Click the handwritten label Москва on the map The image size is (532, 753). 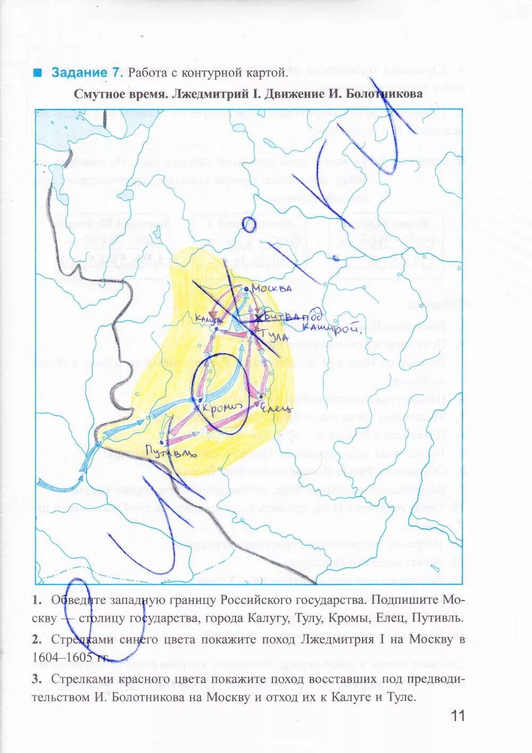(272, 288)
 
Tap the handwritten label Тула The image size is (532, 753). (276, 337)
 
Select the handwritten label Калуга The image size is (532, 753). (208, 319)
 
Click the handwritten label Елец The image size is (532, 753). (276, 408)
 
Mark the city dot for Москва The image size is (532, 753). (247, 289)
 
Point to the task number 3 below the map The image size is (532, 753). (36, 679)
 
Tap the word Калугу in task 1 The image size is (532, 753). (267, 618)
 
